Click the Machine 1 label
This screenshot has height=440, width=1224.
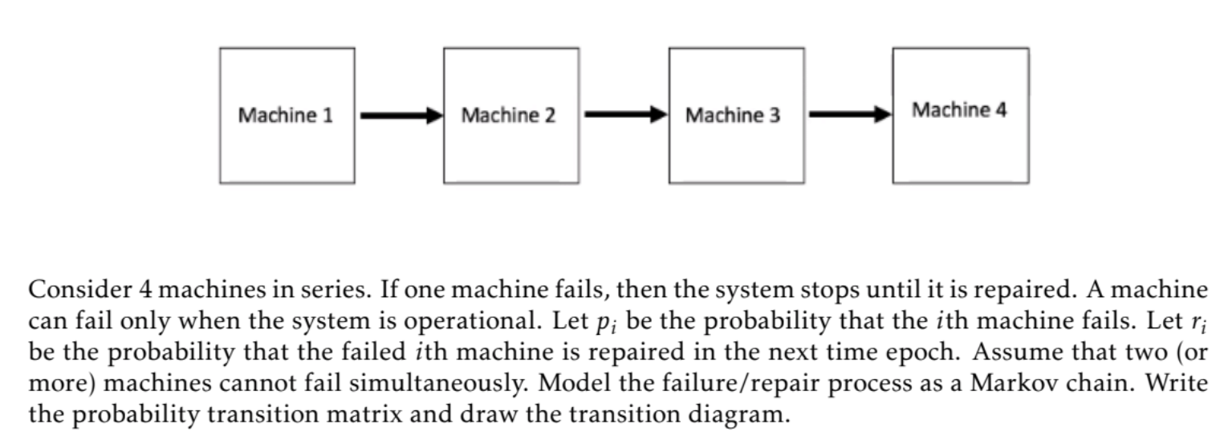click(285, 116)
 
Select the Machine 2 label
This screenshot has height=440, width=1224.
click(509, 116)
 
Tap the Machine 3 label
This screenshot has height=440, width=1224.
click(733, 116)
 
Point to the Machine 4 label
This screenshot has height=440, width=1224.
click(959, 110)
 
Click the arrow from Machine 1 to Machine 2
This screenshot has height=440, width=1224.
click(401, 116)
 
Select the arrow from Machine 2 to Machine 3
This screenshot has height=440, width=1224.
click(624, 116)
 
